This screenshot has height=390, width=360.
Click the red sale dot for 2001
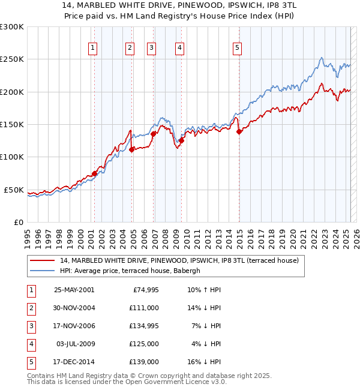[94, 173]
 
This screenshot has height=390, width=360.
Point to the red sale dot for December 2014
[239, 132]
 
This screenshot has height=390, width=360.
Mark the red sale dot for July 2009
[181, 141]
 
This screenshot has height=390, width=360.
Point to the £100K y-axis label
[12, 157]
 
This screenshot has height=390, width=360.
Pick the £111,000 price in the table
[144, 307]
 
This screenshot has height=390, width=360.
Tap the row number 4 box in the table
[30, 344]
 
